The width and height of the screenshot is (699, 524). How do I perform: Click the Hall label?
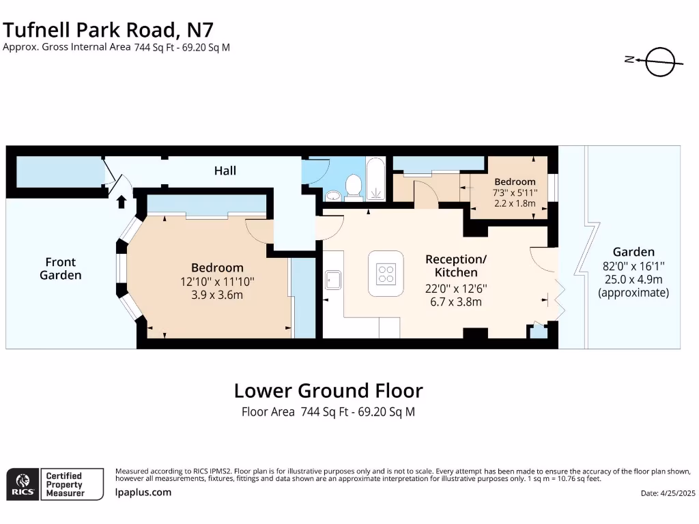pos(225,170)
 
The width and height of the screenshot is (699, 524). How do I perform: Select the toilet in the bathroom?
pos(354,186)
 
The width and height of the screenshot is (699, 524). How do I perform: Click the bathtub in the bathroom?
pos(376,179)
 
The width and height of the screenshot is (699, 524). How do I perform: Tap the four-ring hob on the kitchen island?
pos(386,274)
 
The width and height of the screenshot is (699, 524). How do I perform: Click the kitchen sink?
pos(332,280)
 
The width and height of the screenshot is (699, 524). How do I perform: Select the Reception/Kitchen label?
pos(455,265)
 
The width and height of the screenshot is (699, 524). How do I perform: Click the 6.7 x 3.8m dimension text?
pos(455,301)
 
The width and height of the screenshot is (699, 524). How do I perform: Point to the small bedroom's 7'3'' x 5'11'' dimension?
pos(515,192)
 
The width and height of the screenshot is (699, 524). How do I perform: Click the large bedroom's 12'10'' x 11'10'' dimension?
pos(217,282)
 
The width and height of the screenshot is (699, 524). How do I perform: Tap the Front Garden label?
pos(60,268)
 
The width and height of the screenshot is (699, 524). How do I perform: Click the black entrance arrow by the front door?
pos(122,201)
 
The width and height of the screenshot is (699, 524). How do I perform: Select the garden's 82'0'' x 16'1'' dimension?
pos(633,265)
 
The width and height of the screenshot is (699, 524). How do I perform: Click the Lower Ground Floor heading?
pos(328,391)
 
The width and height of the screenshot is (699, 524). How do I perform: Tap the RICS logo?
pos(21,484)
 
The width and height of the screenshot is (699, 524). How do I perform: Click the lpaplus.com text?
pos(143,492)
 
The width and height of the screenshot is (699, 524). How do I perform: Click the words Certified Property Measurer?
pos(64,484)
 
